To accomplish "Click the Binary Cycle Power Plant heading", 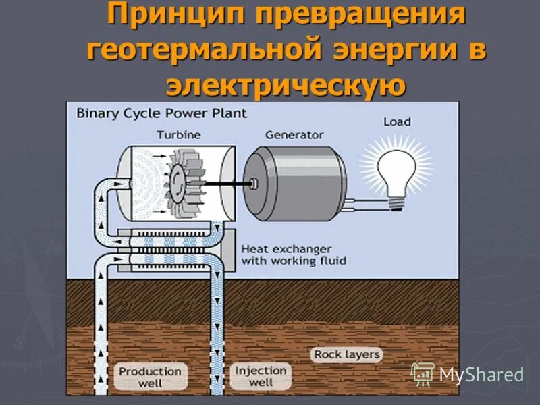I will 161,113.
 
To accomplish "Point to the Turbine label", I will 178,134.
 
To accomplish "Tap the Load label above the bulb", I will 396,122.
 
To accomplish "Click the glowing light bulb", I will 396,165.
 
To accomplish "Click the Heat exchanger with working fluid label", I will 294,254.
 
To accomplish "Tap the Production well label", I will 150,376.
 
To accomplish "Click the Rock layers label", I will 346,354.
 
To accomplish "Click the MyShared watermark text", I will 481,375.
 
